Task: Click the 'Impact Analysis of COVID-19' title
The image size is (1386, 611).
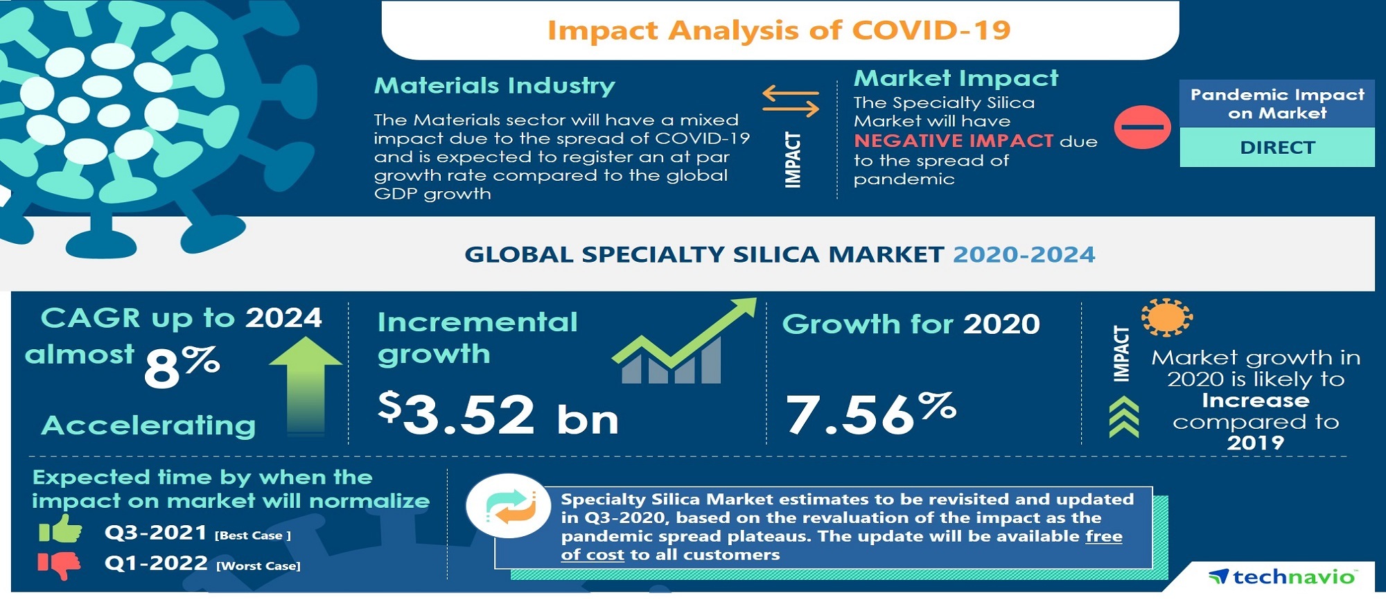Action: tap(779, 30)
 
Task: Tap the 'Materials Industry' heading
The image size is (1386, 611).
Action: tap(494, 86)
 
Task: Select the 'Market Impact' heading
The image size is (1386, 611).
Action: tap(956, 78)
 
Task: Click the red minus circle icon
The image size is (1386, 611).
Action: tap(1142, 127)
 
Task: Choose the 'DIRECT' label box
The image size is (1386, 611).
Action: tap(1277, 148)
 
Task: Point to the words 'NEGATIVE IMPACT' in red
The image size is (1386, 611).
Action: tap(954, 141)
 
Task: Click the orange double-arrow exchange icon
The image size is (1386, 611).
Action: tap(791, 100)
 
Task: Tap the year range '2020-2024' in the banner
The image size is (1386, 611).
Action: tap(1024, 254)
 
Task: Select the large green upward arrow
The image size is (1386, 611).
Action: tap(306, 386)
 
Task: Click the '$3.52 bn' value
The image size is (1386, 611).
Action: tap(498, 414)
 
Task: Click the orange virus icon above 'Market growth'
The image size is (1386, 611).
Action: tap(1167, 317)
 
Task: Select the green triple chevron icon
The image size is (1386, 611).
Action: tap(1123, 417)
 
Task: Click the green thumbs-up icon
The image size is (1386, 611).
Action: tap(60, 529)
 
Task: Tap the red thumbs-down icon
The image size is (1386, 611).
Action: tap(60, 565)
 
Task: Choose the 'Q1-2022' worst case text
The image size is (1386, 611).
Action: tap(156, 563)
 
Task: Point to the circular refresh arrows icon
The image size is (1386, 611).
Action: tap(509, 506)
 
